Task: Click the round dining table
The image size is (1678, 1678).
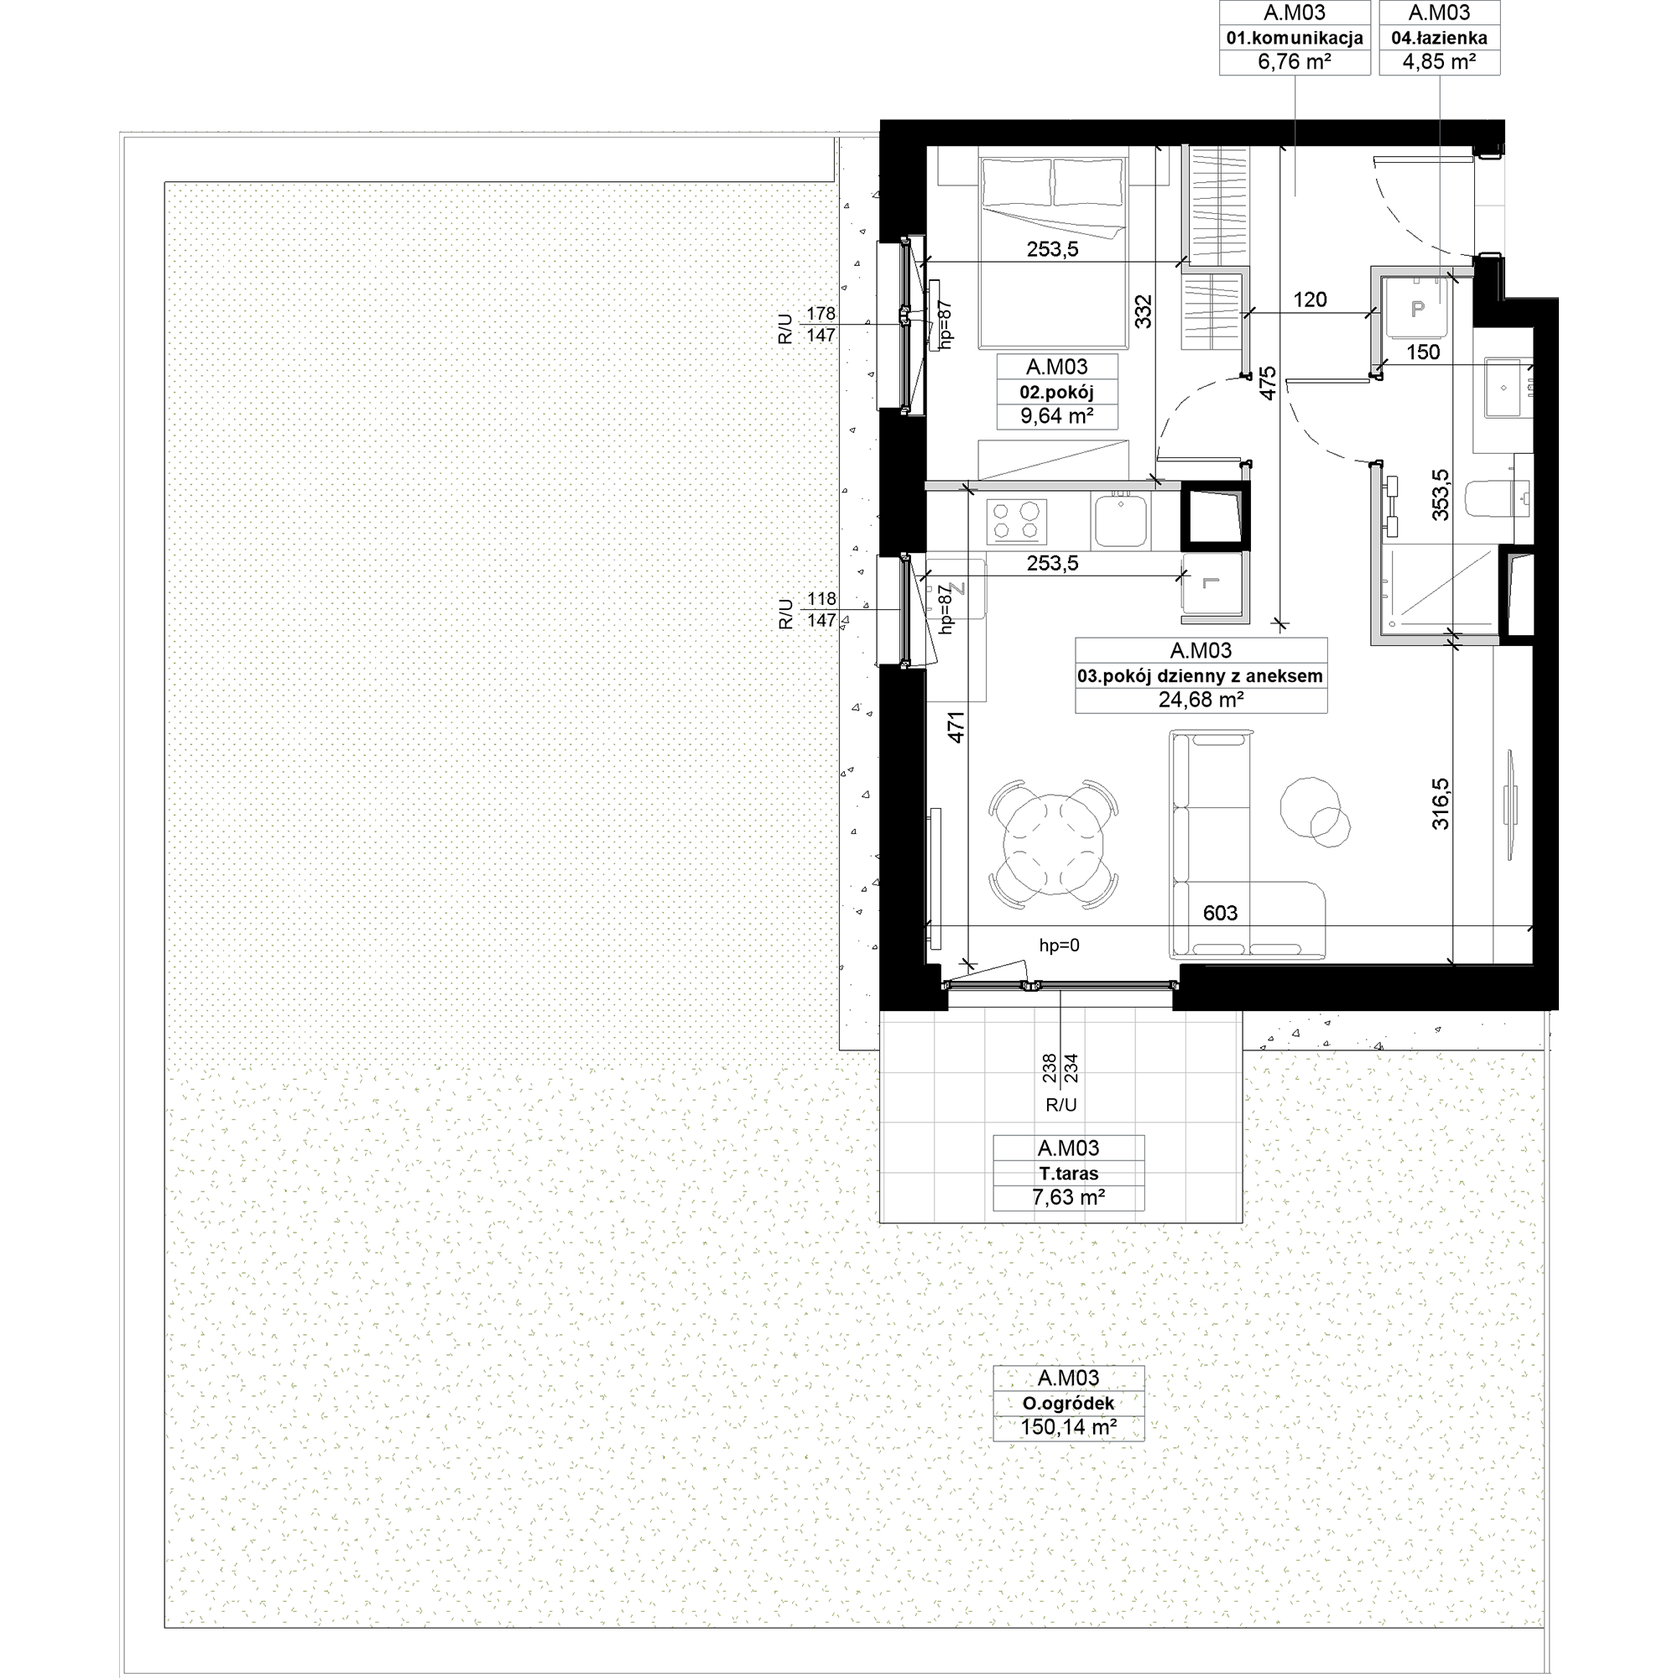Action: pos(1053,845)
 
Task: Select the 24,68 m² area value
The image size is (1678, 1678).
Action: pos(1201,699)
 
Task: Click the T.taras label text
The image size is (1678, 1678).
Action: pos(1068,1174)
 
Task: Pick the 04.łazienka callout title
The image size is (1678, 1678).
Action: pos(1439,39)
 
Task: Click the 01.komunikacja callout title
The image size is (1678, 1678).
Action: pos(1295,39)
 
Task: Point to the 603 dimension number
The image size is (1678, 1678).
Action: pos(1220,913)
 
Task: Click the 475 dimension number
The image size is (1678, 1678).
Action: pos(1268,383)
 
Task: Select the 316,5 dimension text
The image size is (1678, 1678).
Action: pos(1441,804)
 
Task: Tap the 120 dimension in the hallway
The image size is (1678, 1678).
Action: pos(1310,300)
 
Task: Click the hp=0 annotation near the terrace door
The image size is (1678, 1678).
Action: pos(1060,946)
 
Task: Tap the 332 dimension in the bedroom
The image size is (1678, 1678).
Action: pos(1143,311)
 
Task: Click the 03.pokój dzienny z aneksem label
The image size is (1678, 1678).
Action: pos(1201,675)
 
